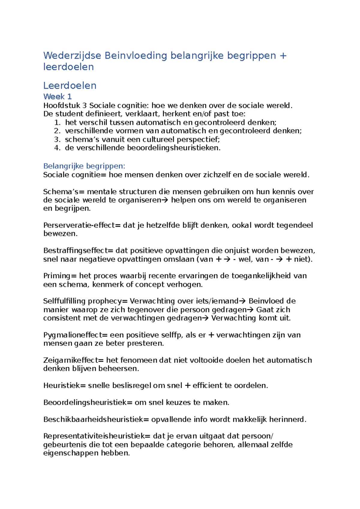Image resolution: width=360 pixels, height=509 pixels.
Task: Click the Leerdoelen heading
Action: [70, 86]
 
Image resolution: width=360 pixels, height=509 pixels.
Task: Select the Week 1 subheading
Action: [57, 97]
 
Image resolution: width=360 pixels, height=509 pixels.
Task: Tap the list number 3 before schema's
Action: [57, 139]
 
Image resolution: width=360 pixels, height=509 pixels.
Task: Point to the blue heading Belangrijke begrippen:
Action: [84, 166]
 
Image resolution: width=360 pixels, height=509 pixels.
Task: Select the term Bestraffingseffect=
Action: [78, 251]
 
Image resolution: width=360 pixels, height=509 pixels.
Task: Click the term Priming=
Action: [60, 276]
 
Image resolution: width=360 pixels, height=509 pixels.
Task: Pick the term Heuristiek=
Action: [64, 385]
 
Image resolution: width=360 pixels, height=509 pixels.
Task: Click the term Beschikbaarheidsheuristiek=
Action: [96, 419]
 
